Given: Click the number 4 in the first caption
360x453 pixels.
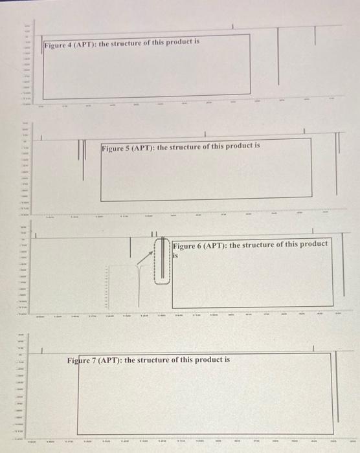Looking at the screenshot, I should click(73, 43).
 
